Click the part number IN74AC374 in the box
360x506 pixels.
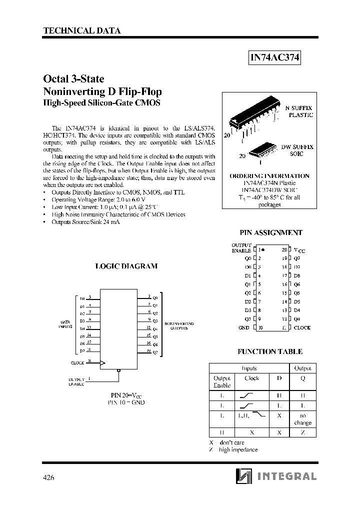274,57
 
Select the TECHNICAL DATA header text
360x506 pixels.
82,30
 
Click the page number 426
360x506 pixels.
48,477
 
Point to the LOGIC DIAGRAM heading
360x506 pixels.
126,266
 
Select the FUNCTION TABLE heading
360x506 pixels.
269,351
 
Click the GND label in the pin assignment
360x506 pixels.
243,327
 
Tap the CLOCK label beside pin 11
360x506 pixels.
302,327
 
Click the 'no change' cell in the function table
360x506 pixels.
302,419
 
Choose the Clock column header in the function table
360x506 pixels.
252,378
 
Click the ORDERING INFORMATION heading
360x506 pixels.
269,176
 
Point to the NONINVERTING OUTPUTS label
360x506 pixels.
179,326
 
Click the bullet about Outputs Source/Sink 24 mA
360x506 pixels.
85,221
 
